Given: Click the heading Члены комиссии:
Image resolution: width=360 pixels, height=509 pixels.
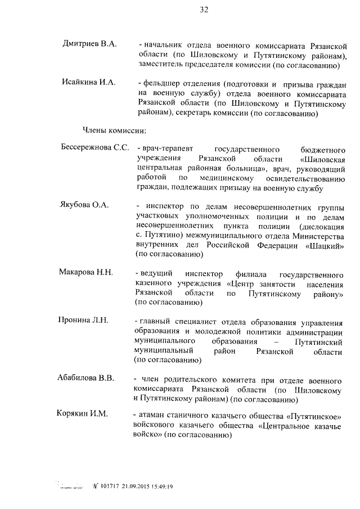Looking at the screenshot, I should coord(115,131).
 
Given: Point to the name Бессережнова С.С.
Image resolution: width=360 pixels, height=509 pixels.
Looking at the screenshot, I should coord(94,147).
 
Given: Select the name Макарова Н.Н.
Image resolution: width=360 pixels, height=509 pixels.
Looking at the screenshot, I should coord(86,272).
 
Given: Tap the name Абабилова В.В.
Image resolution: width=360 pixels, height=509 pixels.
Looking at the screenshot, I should coord(85,378).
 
